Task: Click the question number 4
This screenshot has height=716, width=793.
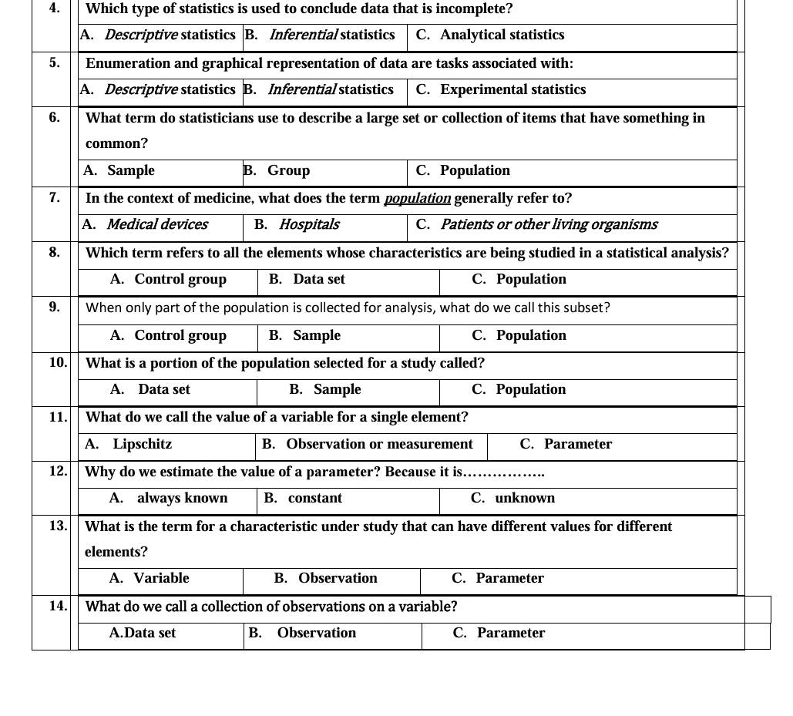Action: tap(53, 8)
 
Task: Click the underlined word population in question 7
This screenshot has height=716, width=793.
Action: tap(417, 199)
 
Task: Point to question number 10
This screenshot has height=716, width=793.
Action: tap(58, 362)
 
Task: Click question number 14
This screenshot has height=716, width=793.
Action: tap(58, 606)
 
